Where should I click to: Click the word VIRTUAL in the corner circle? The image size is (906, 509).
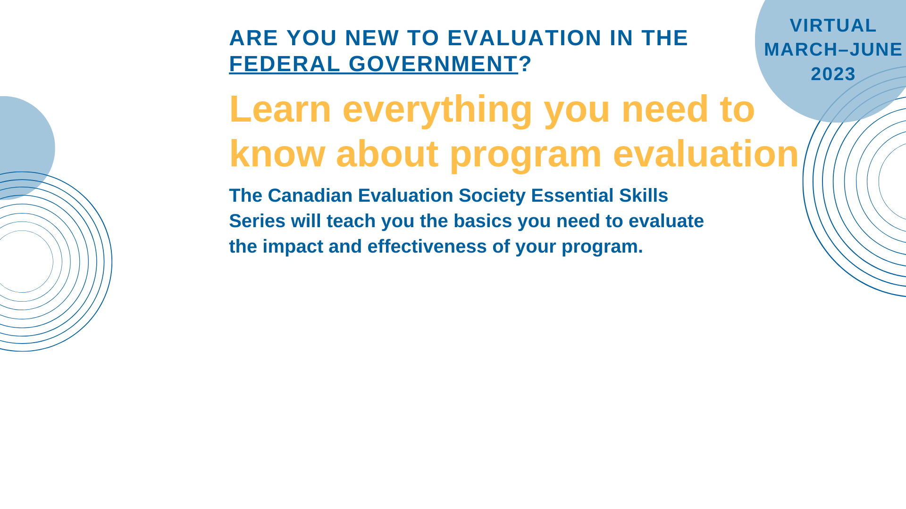point(833,25)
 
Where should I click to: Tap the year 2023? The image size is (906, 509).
point(833,74)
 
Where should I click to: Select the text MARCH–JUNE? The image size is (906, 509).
point(833,49)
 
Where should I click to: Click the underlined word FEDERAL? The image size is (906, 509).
point(285,64)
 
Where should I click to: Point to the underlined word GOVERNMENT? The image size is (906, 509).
point(433,64)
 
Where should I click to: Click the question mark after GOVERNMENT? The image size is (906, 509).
point(525,64)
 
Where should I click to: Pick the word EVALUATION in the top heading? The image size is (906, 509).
point(524,38)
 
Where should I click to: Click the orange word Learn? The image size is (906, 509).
point(280,109)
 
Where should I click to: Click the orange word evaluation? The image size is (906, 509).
point(706,154)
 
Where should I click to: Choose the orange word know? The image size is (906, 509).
point(277,154)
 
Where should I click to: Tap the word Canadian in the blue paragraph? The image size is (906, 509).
point(310,196)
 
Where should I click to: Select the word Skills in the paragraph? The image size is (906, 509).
point(644,196)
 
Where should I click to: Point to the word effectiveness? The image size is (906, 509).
point(427,246)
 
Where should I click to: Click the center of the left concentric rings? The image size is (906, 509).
point(22,262)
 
